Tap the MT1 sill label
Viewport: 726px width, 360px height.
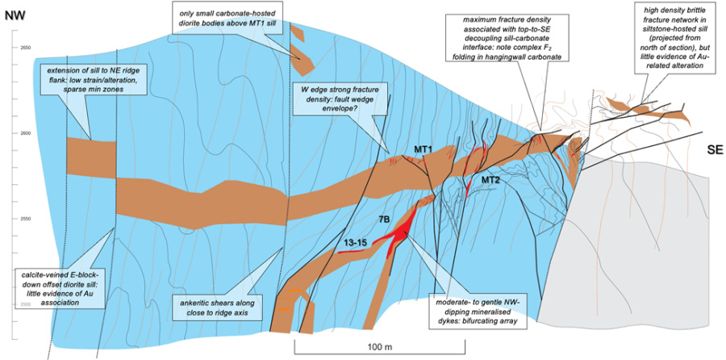click(425, 149)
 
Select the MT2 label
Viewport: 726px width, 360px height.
click(493, 179)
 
